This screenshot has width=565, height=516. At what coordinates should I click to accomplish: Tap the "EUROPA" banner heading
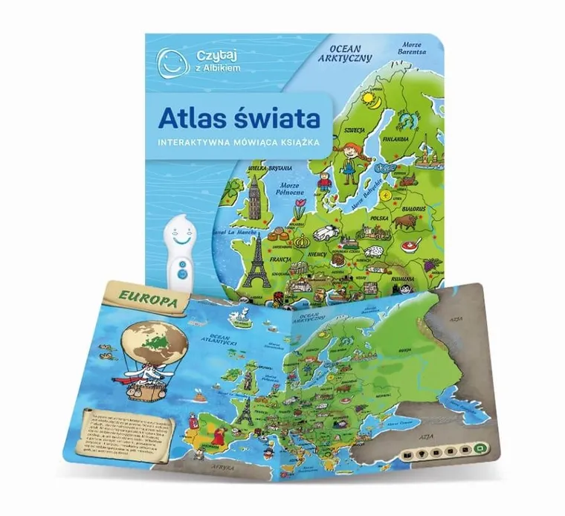[x=145, y=303]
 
